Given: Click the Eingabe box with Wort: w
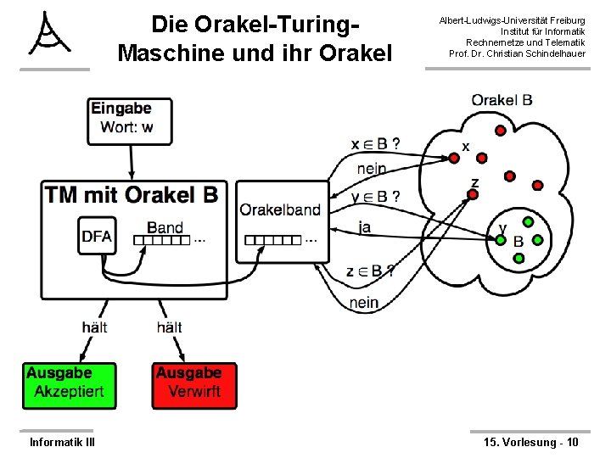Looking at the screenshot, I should [x=130, y=120].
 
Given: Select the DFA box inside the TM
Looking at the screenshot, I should [x=98, y=237].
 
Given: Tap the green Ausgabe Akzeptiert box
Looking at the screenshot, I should [x=69, y=385].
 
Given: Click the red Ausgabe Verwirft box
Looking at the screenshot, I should [x=194, y=385].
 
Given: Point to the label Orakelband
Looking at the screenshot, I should [x=280, y=210].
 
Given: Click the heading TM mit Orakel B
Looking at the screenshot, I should [x=132, y=195].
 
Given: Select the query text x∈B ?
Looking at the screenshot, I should [x=376, y=143].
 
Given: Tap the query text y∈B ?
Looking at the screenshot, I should [x=375, y=197].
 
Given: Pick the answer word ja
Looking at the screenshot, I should [x=365, y=226].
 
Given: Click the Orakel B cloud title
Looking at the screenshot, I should [x=502, y=100].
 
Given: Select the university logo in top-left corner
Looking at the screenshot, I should [x=52, y=35].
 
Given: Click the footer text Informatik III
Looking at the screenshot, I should [x=62, y=442].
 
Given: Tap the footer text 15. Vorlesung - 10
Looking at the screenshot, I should [x=530, y=442].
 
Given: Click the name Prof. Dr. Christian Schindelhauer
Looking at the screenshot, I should [x=517, y=53].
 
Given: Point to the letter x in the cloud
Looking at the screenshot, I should [x=465, y=147].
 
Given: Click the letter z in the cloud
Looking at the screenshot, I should [x=474, y=182].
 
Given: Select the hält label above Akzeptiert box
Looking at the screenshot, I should [x=95, y=327].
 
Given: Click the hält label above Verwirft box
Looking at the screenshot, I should [x=169, y=327].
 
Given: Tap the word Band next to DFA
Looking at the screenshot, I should [x=165, y=226].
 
